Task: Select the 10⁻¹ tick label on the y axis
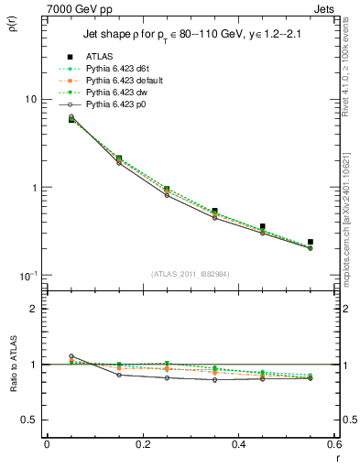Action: coord(27,276)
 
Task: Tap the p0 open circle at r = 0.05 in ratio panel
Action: coord(71,356)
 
